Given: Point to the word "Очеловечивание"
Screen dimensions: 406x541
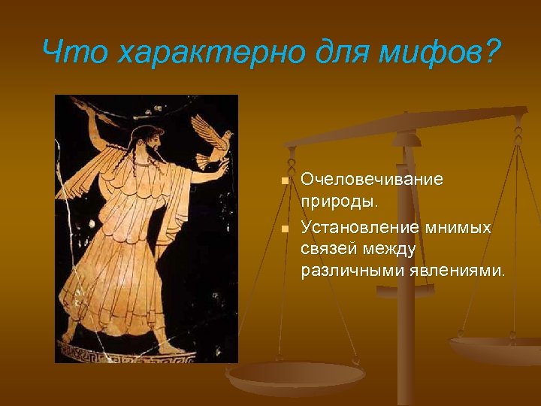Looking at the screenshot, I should (x=372, y=180).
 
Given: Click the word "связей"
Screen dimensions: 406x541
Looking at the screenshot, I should (x=331, y=248).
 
